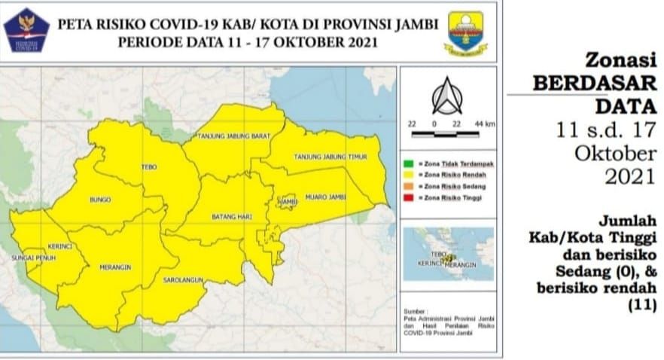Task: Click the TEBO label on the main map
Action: (149, 166)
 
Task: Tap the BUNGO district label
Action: (100, 200)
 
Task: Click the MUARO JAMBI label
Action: (325, 197)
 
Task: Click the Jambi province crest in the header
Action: (466, 32)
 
